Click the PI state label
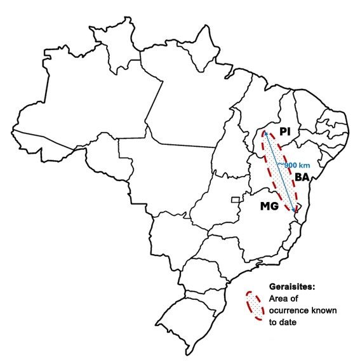284,131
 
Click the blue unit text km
305,165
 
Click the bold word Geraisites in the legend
292,287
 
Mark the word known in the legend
326,310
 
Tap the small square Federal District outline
235,199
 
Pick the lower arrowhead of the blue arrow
295,208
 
